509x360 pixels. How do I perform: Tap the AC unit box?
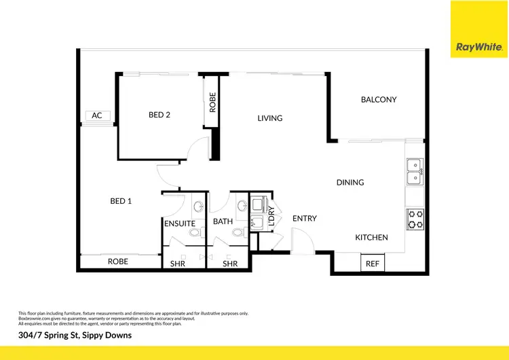click(x=97, y=116)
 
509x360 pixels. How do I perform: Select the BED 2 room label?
click(x=159, y=115)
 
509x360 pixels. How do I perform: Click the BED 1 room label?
click(x=121, y=201)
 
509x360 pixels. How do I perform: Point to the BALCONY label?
click(x=378, y=100)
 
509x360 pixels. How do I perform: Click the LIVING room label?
click(x=269, y=118)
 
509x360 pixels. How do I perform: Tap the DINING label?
click(x=350, y=182)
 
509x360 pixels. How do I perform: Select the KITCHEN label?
click(x=372, y=237)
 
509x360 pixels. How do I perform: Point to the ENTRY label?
click(x=305, y=218)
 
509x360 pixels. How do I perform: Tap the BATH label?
click(x=223, y=222)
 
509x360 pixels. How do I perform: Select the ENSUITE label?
click(x=180, y=223)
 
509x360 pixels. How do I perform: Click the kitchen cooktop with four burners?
click(x=415, y=219)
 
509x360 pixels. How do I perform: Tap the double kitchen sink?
click(x=414, y=171)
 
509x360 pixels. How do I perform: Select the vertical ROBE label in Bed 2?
click(x=212, y=102)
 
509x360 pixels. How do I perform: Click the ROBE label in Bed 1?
click(x=118, y=262)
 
